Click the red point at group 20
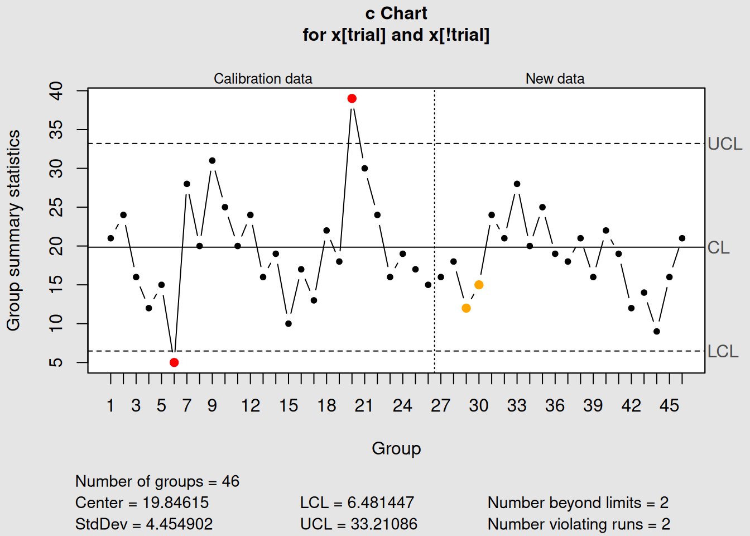coord(352,99)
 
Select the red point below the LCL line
coord(174,362)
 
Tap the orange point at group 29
coord(466,308)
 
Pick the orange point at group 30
coord(479,285)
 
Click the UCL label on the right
coord(724,144)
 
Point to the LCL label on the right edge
coord(723,352)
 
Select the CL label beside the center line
coord(718,248)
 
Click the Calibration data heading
coord(263,79)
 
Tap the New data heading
coord(555,79)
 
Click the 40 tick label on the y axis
coord(56,90)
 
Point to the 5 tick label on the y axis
coord(56,362)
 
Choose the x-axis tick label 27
coord(440,406)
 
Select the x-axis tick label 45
coord(669,406)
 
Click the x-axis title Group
coord(396,448)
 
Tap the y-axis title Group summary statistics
coord(13,230)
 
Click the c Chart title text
coord(396,13)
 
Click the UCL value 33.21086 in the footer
coord(384,524)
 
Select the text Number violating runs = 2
coord(579,524)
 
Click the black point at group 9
coord(212,161)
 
